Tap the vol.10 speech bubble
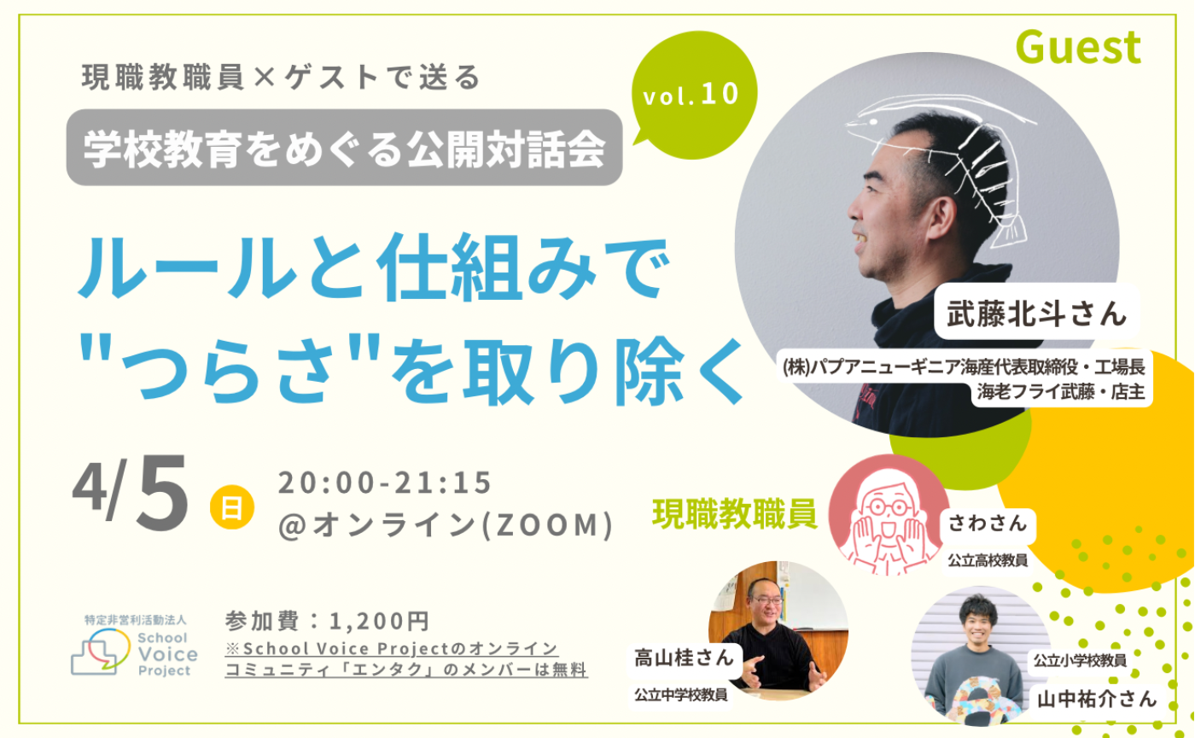[x=692, y=95]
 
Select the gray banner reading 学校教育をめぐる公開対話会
[x=344, y=148]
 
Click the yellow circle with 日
[x=231, y=507]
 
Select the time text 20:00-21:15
[x=385, y=483]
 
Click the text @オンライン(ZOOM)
[x=446, y=524]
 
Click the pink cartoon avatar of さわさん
[x=889, y=514]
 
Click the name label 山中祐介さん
[x=1096, y=699]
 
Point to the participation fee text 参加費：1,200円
[x=326, y=619]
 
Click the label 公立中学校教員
[x=680, y=695]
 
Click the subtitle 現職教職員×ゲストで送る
[x=282, y=78]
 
